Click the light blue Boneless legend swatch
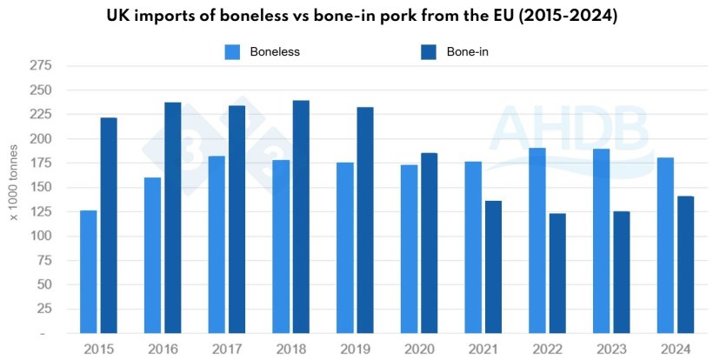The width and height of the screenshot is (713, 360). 232,52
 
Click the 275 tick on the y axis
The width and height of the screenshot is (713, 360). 40,66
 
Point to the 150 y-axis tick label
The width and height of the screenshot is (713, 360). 40,188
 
